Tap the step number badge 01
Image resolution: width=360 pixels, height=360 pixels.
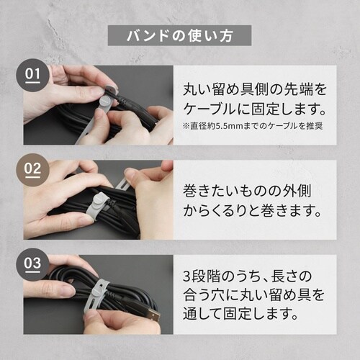tap(35, 74)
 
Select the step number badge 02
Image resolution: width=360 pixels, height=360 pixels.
tap(35, 170)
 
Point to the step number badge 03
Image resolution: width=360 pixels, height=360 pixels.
tap(35, 264)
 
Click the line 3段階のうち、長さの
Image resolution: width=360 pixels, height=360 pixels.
tap(256, 274)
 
